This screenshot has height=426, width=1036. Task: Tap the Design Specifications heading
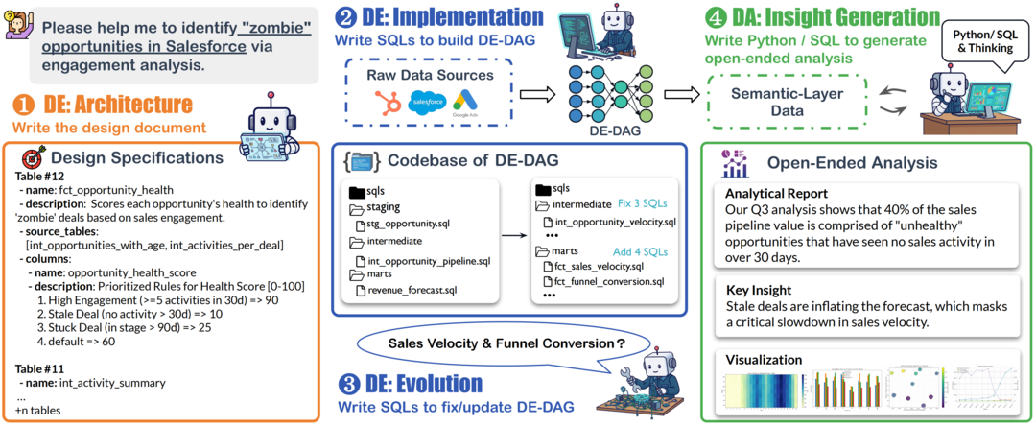136,157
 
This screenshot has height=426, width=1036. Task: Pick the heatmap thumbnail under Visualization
762,394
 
